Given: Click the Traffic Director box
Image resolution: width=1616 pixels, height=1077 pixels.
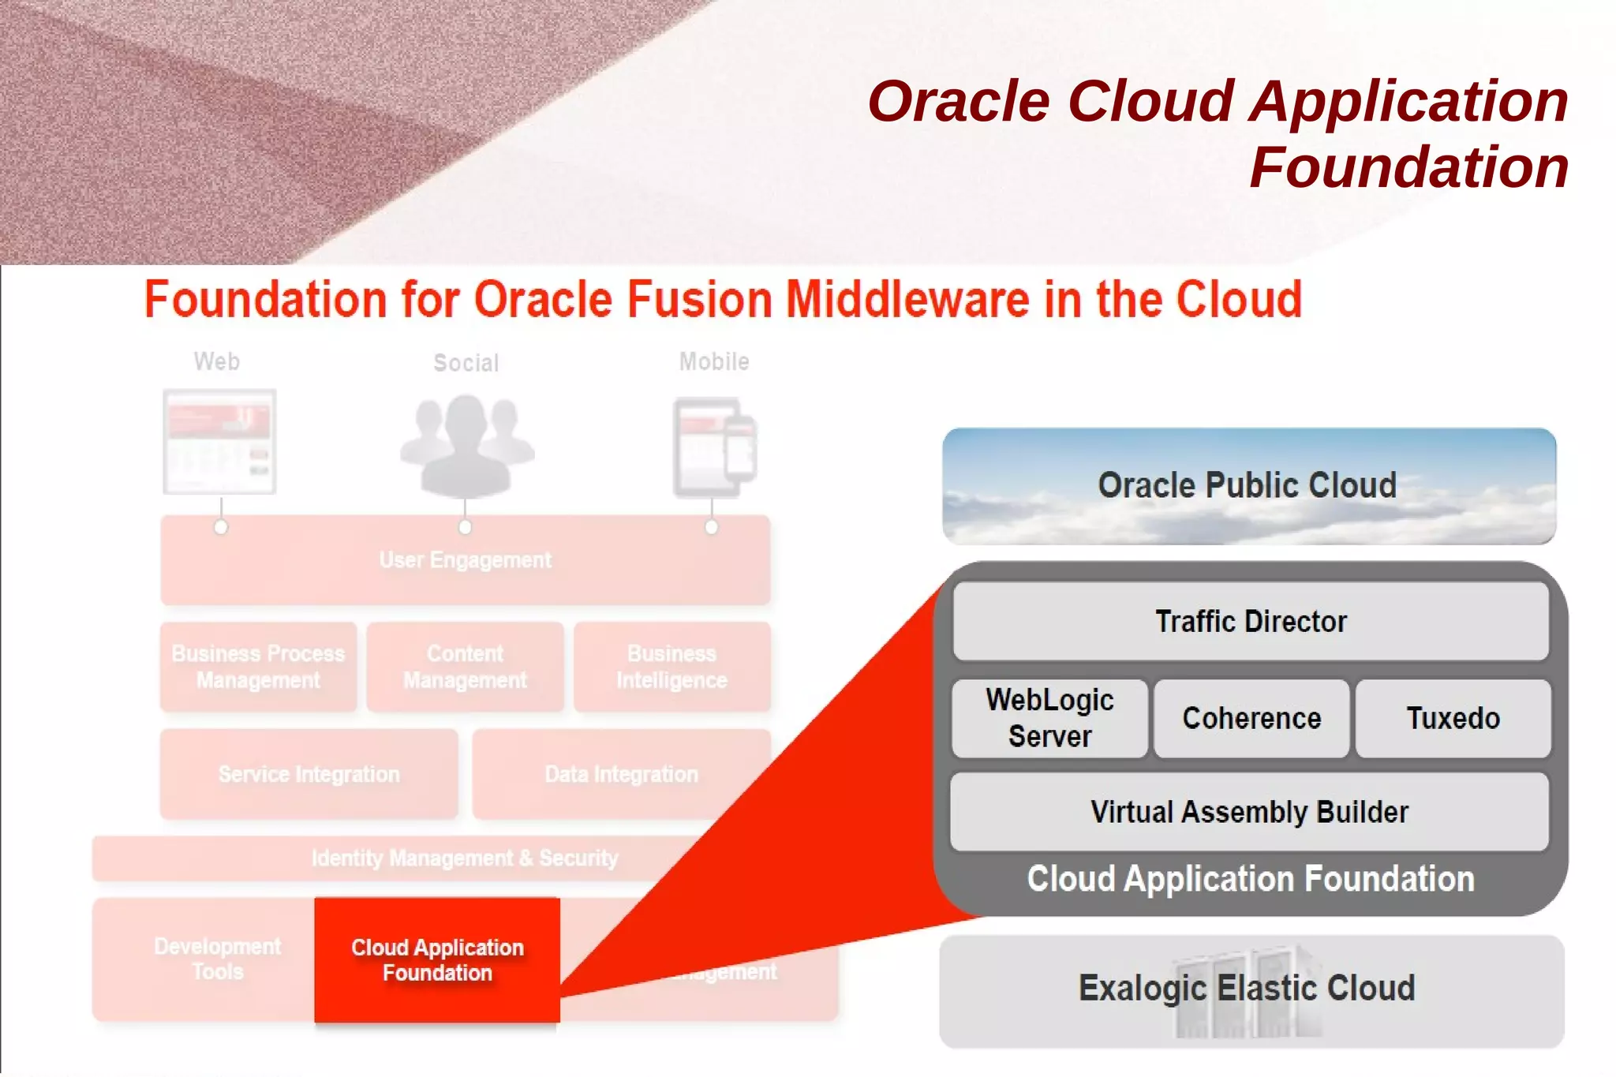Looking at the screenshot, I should click(x=1251, y=622).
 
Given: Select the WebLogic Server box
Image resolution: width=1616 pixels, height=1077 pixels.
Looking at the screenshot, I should click(x=1049, y=718).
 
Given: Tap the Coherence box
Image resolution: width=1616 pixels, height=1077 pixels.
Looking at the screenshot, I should click(x=1251, y=718).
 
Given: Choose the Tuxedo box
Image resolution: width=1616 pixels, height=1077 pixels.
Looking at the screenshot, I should click(x=1453, y=718).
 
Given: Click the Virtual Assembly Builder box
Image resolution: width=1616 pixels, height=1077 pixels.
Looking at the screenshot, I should click(x=1249, y=812).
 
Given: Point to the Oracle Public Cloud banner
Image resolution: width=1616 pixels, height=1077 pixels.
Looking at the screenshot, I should click(x=1248, y=486).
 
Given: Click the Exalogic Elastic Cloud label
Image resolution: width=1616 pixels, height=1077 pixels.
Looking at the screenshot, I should click(x=1247, y=989).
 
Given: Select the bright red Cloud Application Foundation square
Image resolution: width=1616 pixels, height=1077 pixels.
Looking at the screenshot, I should click(x=437, y=959).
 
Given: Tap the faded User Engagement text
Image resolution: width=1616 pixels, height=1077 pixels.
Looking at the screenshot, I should click(x=466, y=560).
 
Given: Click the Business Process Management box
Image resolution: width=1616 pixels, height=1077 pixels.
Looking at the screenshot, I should click(x=258, y=667).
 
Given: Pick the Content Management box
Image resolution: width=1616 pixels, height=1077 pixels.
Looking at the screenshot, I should click(x=465, y=667).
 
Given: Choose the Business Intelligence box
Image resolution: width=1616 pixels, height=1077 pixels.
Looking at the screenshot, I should click(x=671, y=667).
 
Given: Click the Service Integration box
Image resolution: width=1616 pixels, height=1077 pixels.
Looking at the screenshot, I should click(x=309, y=774).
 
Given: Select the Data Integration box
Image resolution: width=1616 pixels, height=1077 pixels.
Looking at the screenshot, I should click(x=621, y=774).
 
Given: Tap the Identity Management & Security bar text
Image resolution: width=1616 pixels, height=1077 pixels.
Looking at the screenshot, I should click(x=465, y=858).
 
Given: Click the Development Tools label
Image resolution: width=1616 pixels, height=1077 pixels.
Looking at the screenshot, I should click(x=217, y=959).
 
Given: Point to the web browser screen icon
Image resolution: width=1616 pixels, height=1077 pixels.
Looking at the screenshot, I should click(x=219, y=442).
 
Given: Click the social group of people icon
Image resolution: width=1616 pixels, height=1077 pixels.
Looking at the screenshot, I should click(x=466, y=446).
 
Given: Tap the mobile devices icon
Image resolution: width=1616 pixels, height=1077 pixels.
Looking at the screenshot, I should click(x=715, y=447).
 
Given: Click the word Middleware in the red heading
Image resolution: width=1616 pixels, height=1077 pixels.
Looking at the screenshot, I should click(x=907, y=300).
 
